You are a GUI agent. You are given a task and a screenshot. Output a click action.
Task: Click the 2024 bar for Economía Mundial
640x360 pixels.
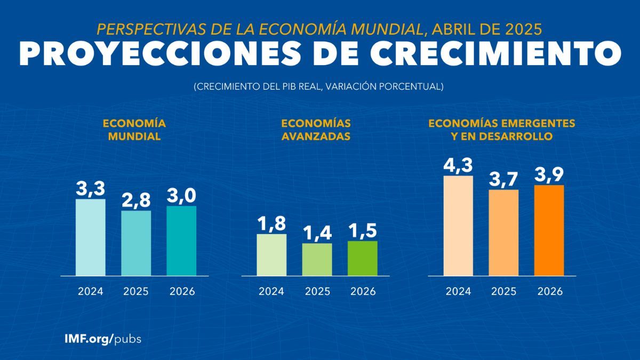[90, 237]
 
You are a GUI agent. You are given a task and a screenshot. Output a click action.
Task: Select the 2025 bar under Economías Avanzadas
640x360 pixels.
[317, 260]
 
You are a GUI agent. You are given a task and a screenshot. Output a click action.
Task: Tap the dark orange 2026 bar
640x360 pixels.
[549, 230]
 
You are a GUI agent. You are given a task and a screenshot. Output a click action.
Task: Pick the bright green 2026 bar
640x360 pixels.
[362, 259]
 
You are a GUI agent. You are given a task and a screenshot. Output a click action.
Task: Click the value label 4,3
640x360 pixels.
[458, 164]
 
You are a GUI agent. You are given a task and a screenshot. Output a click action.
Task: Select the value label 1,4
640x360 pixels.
[317, 233]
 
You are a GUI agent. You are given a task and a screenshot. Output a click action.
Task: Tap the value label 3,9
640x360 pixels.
[549, 174]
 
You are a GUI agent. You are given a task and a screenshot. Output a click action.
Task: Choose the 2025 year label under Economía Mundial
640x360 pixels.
[136, 292]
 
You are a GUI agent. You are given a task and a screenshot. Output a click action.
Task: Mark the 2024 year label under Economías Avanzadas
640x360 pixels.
[271, 292]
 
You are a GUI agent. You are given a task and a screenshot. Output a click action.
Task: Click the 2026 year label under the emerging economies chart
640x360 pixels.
[549, 292]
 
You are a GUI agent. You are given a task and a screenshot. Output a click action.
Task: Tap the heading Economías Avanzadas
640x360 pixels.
[316, 130]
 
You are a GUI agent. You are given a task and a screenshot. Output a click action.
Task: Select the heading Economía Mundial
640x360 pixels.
[134, 130]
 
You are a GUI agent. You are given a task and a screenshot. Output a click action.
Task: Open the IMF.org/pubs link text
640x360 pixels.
[103, 339]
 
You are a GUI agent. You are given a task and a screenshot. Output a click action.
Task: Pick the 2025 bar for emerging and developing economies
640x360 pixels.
[503, 233]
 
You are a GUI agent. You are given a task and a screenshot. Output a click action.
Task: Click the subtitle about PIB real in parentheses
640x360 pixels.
[319, 86]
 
